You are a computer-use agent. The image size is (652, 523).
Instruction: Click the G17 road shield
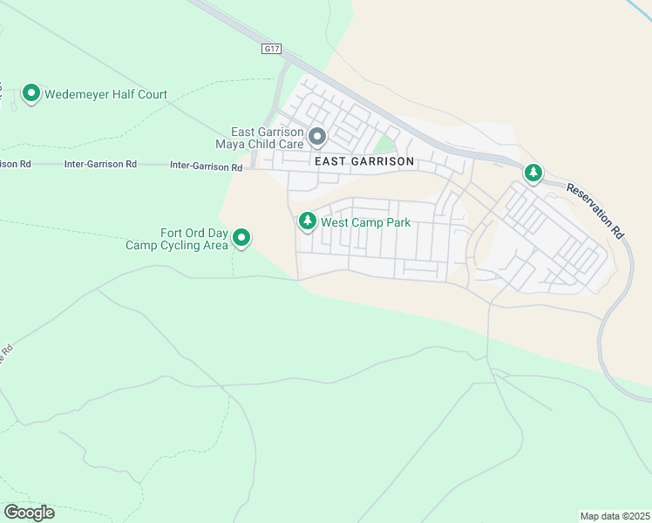[272, 50]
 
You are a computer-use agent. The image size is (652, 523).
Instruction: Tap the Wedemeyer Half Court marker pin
[31, 92]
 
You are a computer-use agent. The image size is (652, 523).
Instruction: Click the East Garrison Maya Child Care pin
[317, 136]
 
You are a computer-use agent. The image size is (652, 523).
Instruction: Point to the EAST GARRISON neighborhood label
[364, 162]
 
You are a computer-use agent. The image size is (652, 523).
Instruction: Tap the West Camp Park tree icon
[307, 221]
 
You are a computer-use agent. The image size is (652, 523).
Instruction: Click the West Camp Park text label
[365, 222]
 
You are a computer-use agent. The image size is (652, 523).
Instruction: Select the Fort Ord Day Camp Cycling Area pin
[242, 237]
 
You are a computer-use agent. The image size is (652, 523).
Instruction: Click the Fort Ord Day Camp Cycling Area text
[177, 239]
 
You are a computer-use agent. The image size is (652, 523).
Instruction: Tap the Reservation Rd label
[595, 211]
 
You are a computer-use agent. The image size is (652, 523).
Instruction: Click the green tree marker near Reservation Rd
[533, 173]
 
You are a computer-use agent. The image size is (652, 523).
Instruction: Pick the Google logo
[29, 513]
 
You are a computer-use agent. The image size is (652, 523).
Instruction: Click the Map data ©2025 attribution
[615, 515]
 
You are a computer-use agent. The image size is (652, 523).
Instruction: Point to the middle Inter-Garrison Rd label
[101, 164]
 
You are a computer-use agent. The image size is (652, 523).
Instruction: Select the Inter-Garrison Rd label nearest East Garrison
[206, 166]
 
